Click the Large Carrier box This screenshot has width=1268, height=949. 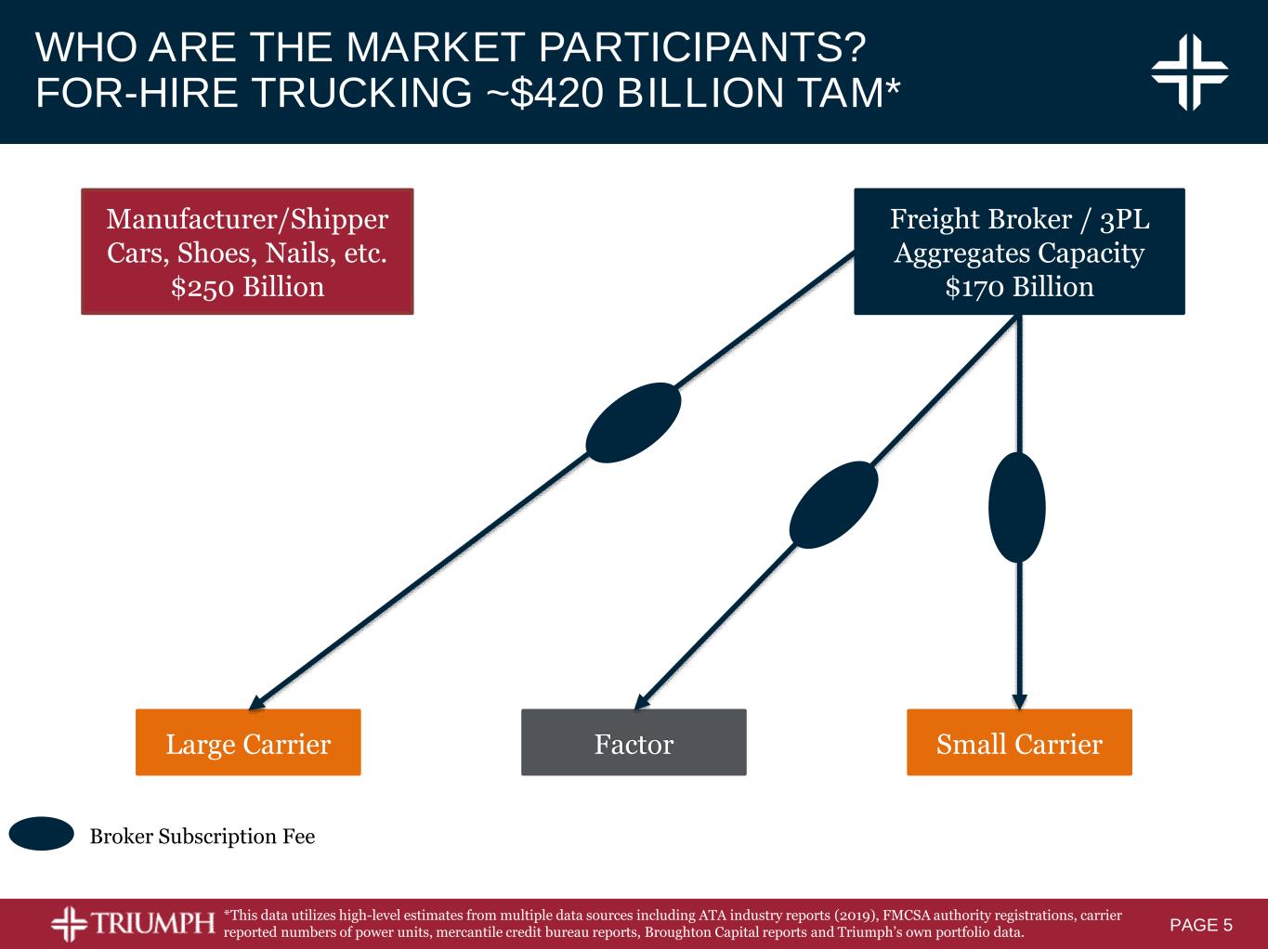click(248, 742)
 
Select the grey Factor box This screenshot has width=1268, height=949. click(634, 742)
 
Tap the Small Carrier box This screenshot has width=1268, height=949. click(1019, 742)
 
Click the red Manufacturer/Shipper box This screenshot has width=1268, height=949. click(247, 252)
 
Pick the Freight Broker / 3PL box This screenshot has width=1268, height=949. click(1019, 252)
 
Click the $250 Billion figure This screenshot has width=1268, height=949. click(247, 288)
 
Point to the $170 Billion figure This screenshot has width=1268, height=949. click(1020, 288)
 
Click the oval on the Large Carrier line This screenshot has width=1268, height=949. click(634, 422)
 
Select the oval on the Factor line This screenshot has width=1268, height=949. click(833, 504)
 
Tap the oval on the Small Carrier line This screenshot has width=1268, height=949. click(1016, 507)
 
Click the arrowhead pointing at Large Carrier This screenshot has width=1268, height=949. click(255, 703)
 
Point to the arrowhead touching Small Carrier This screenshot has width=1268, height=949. click(1020, 701)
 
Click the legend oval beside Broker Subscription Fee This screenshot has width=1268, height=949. click(42, 834)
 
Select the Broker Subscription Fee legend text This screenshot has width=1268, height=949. click(203, 837)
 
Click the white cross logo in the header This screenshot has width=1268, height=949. click(1189, 72)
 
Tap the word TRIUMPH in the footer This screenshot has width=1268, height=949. click(152, 923)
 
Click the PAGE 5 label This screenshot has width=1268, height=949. click(1201, 925)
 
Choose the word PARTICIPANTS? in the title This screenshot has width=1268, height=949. click(702, 46)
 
